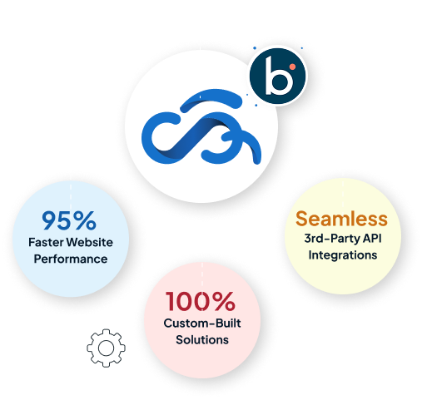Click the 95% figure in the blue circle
click(x=69, y=220)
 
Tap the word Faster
click(x=46, y=242)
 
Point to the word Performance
click(x=71, y=259)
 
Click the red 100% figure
click(x=201, y=301)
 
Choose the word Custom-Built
click(x=202, y=323)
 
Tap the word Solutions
click(x=202, y=340)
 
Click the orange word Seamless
click(x=341, y=219)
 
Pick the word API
click(x=373, y=238)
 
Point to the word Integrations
click(x=343, y=255)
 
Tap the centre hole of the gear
click(x=106, y=348)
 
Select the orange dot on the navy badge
click(x=292, y=67)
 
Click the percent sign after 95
click(x=85, y=220)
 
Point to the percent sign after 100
click(x=224, y=301)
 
